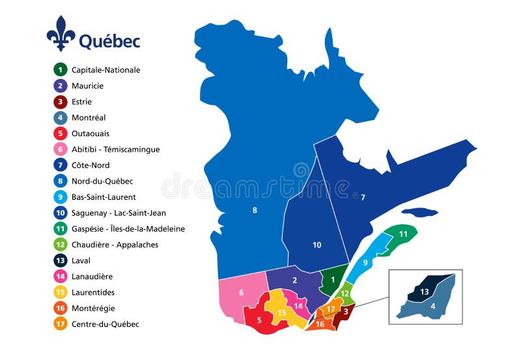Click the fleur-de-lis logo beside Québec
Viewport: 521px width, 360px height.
coord(61,34)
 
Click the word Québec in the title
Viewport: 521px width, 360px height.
coord(109,41)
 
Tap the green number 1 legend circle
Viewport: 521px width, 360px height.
coord(60,70)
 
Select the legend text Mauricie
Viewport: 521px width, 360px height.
coord(87,85)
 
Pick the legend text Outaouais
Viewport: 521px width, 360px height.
coord(90,133)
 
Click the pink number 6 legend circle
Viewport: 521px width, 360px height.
coord(60,149)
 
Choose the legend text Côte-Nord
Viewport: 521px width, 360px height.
coord(91,165)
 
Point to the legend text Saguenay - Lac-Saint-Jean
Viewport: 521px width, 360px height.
coord(119,213)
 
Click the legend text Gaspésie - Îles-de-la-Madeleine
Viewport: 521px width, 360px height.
coord(128,228)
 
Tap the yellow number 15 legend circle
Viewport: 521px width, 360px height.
coord(60,292)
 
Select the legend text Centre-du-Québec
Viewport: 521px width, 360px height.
coord(105,324)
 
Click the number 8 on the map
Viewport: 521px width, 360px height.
coord(255,210)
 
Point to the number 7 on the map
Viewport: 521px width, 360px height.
coord(363,197)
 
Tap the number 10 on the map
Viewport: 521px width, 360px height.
coord(317,245)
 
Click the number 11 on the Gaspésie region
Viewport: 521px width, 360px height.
coord(403,234)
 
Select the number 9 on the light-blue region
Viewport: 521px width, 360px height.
coord(365,262)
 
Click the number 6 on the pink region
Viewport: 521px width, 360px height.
coord(241,292)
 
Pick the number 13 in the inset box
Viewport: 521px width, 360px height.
coord(424,292)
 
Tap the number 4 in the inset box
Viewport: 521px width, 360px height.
coord(432,305)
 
